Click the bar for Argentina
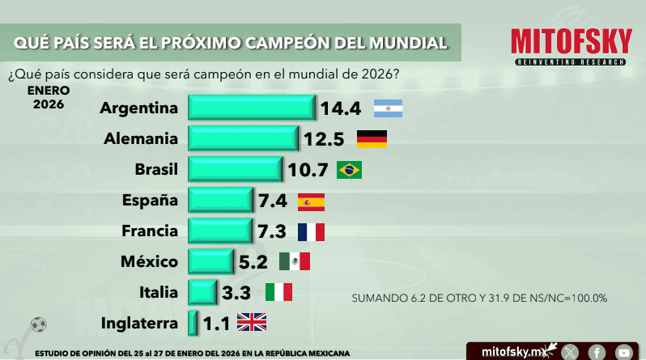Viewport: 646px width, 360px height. (x=252, y=108)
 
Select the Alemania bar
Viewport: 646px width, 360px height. (x=244, y=139)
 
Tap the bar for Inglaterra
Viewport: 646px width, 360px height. (x=193, y=323)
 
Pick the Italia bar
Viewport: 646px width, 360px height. (x=202, y=292)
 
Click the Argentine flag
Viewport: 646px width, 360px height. (x=388, y=108)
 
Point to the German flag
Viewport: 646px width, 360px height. (x=372, y=139)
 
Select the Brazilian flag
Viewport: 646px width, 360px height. (x=349, y=170)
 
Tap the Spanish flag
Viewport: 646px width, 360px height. (x=311, y=201)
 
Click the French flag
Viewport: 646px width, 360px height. (x=311, y=232)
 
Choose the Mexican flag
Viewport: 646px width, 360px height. (x=295, y=261)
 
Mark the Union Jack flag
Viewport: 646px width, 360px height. (x=251, y=323)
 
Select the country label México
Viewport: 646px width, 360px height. (x=149, y=261)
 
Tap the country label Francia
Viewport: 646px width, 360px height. (x=149, y=231)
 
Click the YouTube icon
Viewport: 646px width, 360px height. (x=623, y=352)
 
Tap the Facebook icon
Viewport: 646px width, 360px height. (x=597, y=352)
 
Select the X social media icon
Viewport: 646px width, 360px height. (x=571, y=352)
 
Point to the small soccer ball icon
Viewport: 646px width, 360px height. (x=38, y=324)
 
